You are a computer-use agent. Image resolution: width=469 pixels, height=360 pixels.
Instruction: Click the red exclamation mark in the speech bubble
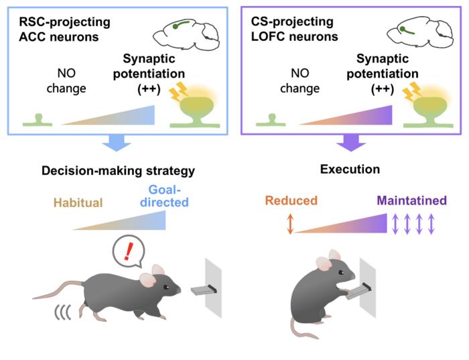click(x=129, y=251)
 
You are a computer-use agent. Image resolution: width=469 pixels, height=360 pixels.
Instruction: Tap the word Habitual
click(x=78, y=202)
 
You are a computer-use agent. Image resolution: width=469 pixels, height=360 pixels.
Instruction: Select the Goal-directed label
click(x=164, y=196)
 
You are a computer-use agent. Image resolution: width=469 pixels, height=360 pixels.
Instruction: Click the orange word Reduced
click(x=291, y=200)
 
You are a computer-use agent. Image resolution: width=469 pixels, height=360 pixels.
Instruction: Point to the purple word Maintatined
click(x=412, y=200)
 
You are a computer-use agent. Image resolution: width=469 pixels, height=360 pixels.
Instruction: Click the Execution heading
click(x=350, y=170)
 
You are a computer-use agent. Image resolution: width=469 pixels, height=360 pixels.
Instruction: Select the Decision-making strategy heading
click(x=118, y=171)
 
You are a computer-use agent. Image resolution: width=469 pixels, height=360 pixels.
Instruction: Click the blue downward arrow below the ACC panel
click(x=117, y=143)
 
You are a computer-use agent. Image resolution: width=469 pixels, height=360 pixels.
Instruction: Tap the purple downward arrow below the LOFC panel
click(x=351, y=143)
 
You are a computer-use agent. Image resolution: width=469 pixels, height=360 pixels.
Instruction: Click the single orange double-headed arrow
click(x=290, y=223)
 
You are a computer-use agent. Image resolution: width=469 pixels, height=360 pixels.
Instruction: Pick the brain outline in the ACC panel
click(x=186, y=34)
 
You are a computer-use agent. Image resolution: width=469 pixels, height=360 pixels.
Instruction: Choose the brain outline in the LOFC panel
click(x=420, y=33)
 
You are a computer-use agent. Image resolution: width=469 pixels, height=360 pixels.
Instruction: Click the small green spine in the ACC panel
click(x=38, y=120)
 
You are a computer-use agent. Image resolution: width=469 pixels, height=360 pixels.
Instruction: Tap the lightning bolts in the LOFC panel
click(x=411, y=91)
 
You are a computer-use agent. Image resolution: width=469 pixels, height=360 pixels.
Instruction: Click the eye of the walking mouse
click(x=165, y=288)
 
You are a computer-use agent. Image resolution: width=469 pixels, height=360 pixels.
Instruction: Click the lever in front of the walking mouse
click(x=204, y=290)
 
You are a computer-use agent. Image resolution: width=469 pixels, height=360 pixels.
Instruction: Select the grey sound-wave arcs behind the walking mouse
click(x=62, y=312)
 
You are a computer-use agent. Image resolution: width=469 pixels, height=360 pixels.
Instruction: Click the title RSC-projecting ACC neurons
click(x=64, y=29)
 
